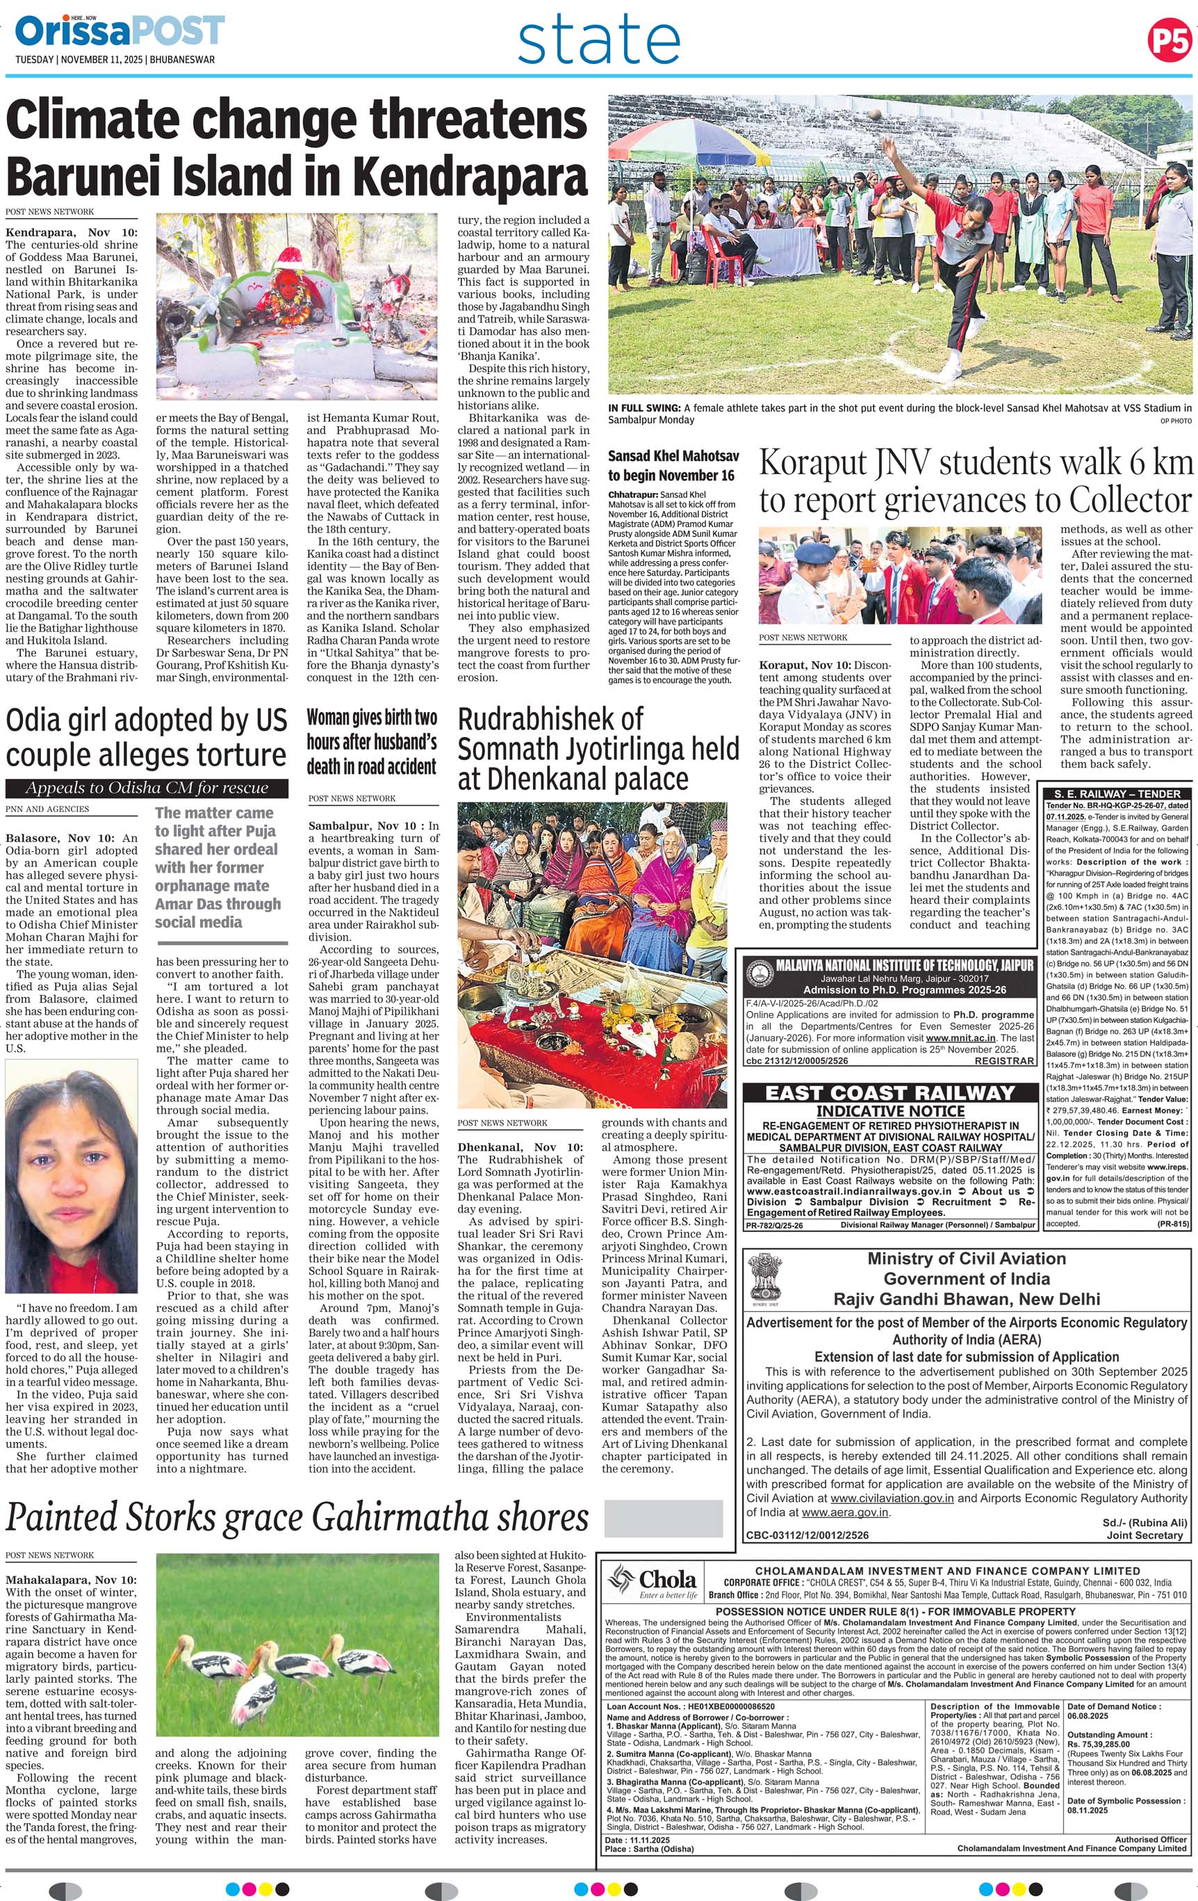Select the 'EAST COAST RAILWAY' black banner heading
click(x=889, y=1092)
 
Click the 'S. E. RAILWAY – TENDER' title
click(x=1116, y=793)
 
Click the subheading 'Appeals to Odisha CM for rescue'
click(x=147, y=788)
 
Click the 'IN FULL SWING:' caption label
click(x=644, y=407)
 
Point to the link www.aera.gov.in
click(x=845, y=1512)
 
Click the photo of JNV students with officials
click(x=900, y=576)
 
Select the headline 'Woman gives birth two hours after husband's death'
click(x=372, y=742)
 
